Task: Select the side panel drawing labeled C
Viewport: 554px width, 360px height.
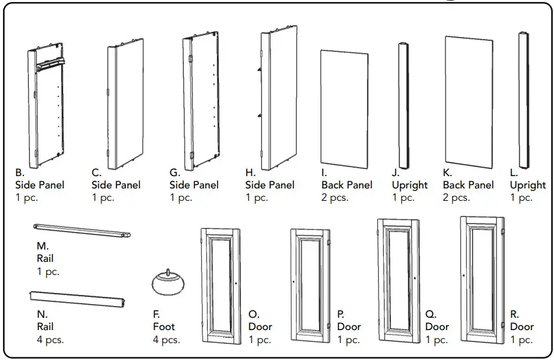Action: point(125,104)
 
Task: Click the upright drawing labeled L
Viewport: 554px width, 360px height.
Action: point(522,99)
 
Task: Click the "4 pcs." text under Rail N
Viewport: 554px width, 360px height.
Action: point(50,339)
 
